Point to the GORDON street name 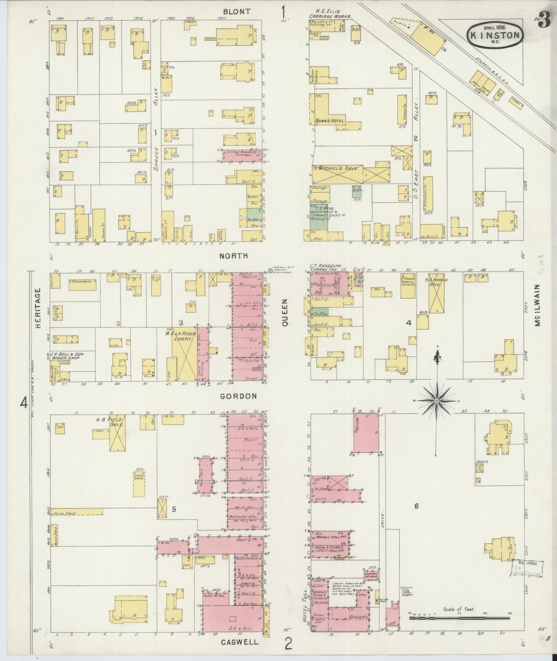click(x=239, y=396)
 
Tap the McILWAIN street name click(x=538, y=305)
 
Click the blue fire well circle click(x=270, y=271)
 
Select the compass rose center click(x=437, y=401)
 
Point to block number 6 click(x=416, y=506)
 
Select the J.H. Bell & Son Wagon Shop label click(x=67, y=356)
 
